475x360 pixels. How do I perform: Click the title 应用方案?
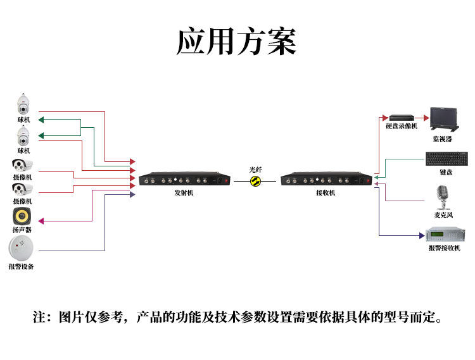click(236, 42)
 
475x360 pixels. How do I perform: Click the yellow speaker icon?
click(22, 216)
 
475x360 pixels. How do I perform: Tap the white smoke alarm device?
click(22, 249)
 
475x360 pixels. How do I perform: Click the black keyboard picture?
click(446, 159)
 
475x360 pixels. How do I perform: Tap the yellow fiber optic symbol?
click(255, 181)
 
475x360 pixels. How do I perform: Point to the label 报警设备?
click(22, 267)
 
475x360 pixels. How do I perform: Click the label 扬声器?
click(22, 230)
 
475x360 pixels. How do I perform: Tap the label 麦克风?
click(443, 215)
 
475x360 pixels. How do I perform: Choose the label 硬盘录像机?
click(402, 126)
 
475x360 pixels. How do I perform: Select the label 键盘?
click(446, 172)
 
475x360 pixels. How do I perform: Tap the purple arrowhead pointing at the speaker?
click(41, 221)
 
